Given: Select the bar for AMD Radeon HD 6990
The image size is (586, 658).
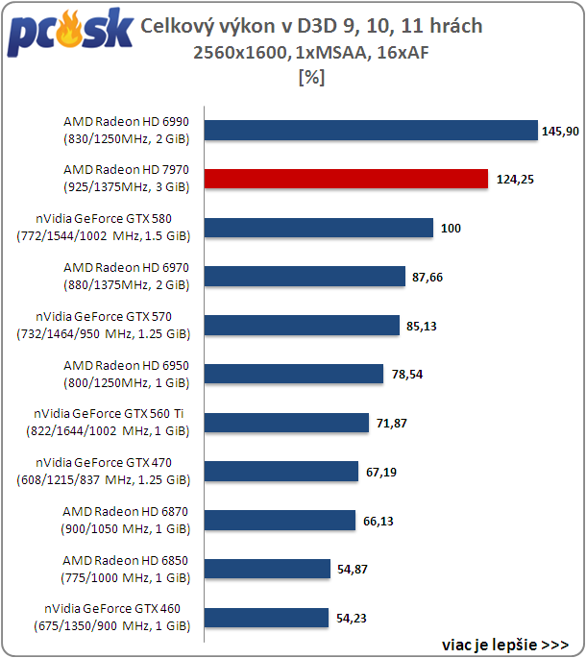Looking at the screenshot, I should (371, 130).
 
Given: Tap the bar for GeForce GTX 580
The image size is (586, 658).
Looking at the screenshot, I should (318, 228).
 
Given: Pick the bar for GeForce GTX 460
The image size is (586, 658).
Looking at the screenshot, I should (267, 618).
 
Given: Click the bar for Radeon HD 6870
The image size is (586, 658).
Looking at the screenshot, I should (280, 521).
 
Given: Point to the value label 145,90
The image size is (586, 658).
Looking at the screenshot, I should (560, 131).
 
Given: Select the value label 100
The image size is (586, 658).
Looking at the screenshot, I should (452, 229).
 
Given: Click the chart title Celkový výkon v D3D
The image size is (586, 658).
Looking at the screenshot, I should (311, 27).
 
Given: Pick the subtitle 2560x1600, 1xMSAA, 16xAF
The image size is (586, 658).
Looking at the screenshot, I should (311, 54).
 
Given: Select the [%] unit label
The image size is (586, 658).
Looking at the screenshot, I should (312, 79).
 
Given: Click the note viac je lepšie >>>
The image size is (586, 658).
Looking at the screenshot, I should (505, 644).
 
